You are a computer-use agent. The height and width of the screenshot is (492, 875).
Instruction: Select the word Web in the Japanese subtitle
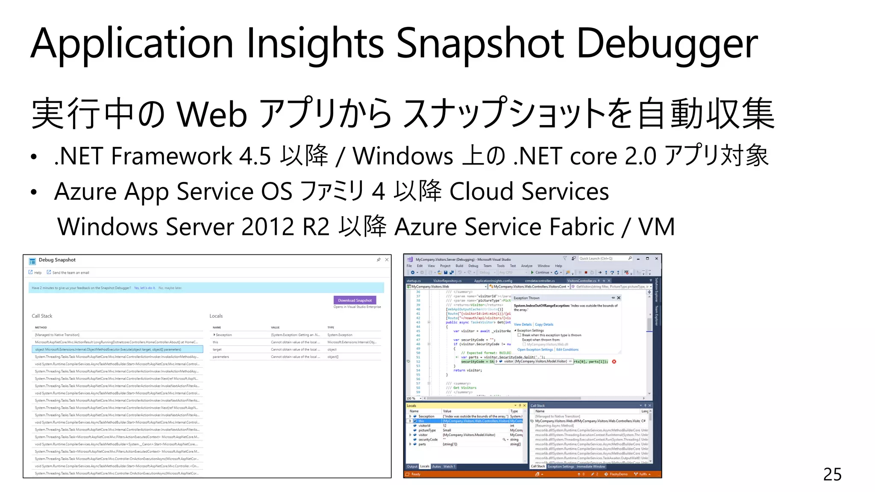pyautogui.click(x=212, y=114)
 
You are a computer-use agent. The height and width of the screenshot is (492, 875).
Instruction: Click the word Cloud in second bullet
pyautogui.click(x=481, y=191)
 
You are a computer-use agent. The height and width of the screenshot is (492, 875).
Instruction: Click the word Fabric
pyautogui.click(x=582, y=227)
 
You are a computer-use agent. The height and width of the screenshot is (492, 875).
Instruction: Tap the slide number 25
pyautogui.click(x=832, y=474)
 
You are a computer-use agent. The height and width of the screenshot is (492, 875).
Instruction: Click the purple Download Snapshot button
pyautogui.click(x=355, y=300)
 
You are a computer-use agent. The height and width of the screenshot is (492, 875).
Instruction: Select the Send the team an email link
pyautogui.click(x=70, y=272)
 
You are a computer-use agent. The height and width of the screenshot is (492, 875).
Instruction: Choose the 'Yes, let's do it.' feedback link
pyautogui.click(x=144, y=288)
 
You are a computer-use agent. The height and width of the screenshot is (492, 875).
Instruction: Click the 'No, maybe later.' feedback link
pyautogui.click(x=170, y=288)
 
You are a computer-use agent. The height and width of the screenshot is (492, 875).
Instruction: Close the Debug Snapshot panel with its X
pyautogui.click(x=387, y=260)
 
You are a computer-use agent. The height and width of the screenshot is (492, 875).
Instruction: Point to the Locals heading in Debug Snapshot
pyautogui.click(x=216, y=316)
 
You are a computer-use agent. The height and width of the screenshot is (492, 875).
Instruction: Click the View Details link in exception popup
pyautogui.click(x=523, y=325)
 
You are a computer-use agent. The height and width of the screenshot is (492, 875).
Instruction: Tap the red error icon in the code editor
pyautogui.click(x=614, y=362)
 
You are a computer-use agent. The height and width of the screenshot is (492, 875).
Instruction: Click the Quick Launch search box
pyautogui.click(x=602, y=258)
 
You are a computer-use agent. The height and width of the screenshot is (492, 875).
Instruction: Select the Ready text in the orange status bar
pyautogui.click(x=416, y=474)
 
